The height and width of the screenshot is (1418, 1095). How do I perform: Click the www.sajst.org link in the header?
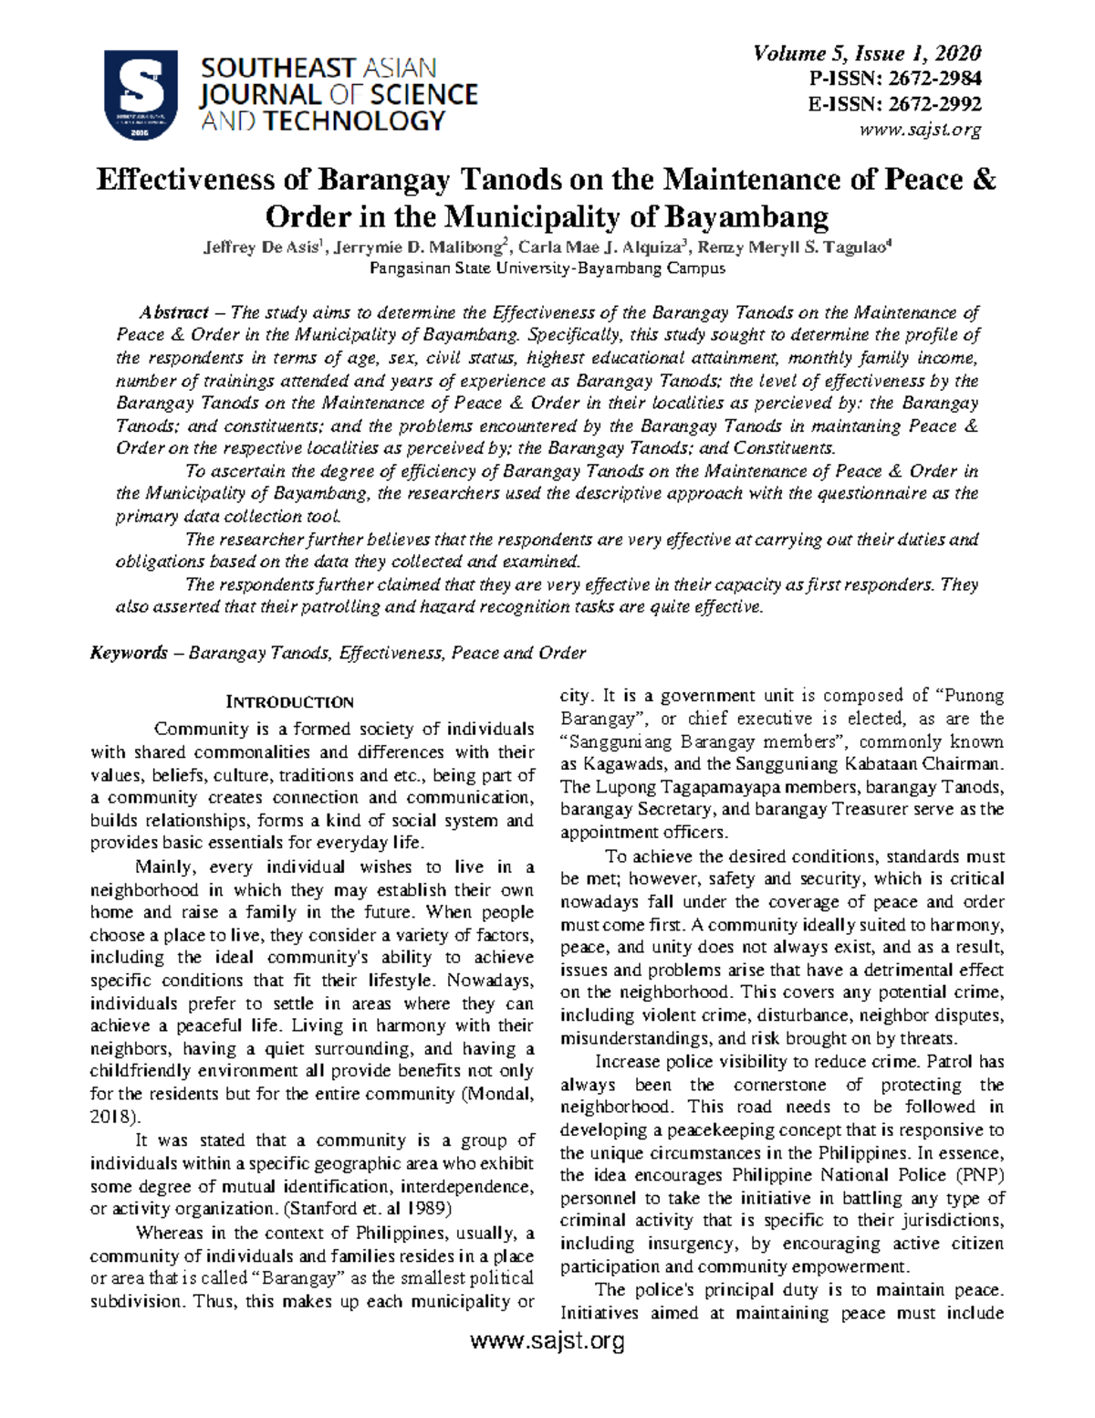920,129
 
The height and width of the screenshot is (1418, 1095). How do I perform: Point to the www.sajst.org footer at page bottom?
547,1341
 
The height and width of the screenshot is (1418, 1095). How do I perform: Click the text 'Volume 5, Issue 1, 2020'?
866,54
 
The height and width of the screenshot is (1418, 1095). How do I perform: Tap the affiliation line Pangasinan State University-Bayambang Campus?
547,268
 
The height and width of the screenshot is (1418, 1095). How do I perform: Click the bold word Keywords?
129,653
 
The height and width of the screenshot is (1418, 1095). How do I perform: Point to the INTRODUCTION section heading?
289,702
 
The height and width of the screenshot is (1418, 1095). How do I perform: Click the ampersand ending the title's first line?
984,179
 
